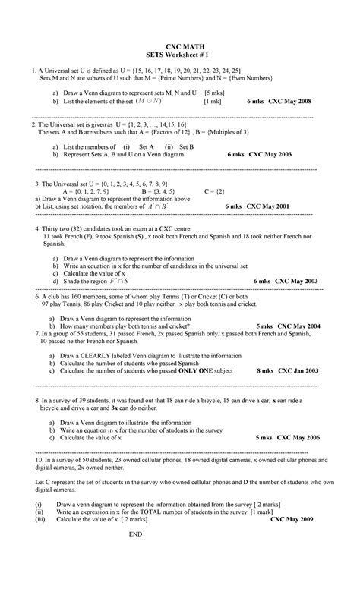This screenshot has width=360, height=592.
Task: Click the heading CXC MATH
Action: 179,46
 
